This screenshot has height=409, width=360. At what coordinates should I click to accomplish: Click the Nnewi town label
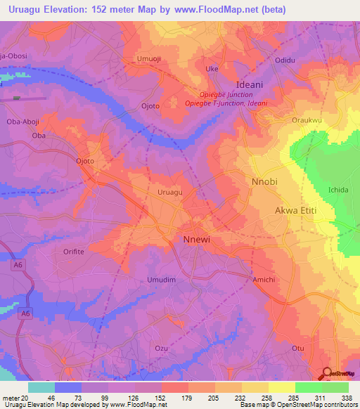[x=192, y=239]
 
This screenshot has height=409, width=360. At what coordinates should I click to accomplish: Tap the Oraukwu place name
[x=306, y=120]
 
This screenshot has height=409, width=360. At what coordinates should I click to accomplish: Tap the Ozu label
[x=162, y=348]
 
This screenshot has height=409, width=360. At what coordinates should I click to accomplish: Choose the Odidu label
[x=285, y=60]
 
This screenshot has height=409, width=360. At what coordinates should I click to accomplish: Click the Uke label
[x=211, y=69]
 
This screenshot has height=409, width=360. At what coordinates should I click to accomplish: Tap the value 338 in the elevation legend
[x=346, y=398]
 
